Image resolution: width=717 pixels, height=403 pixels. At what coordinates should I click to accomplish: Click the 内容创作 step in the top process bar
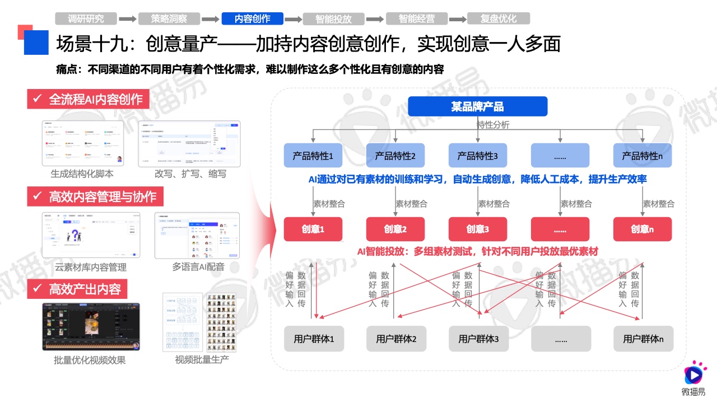[252, 18]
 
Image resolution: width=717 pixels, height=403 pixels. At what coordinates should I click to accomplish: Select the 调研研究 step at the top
[86, 18]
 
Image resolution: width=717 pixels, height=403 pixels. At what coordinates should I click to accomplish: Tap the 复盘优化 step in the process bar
[498, 18]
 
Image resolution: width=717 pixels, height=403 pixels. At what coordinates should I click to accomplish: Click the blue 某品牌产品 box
[477, 106]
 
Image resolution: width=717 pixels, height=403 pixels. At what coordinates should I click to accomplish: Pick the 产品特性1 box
[313, 156]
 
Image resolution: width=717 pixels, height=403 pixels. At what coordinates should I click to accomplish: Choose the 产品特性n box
[642, 156]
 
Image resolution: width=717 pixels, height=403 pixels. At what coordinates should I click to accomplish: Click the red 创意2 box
[395, 229]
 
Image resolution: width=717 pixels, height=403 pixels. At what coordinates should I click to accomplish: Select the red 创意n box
[642, 229]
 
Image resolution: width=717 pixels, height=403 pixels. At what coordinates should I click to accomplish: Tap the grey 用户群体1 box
[313, 339]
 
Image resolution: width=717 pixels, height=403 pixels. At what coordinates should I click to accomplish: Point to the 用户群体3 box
[478, 339]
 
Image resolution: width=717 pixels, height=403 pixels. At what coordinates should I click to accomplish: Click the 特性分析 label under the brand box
[493, 125]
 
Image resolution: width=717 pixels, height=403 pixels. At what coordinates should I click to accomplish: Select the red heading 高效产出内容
[77, 289]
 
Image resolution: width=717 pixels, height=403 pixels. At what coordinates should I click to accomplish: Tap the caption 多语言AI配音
[197, 267]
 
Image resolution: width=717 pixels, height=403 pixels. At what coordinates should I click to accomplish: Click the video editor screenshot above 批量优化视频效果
[91, 327]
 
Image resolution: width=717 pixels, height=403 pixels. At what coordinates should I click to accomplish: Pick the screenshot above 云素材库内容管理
[90, 235]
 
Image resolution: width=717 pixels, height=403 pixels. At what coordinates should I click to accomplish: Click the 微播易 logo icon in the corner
[695, 372]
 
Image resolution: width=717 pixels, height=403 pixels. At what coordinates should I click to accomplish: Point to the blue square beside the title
[36, 42]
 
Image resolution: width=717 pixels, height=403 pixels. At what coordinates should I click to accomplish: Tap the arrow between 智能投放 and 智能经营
[376, 19]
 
